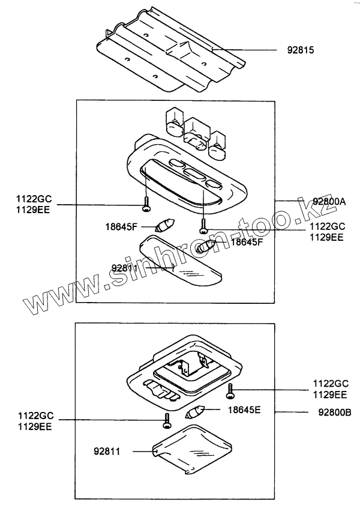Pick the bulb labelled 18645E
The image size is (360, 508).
coord(196,413)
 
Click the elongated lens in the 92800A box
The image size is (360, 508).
coord(180,264)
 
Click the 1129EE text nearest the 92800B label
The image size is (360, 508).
coord(330,395)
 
